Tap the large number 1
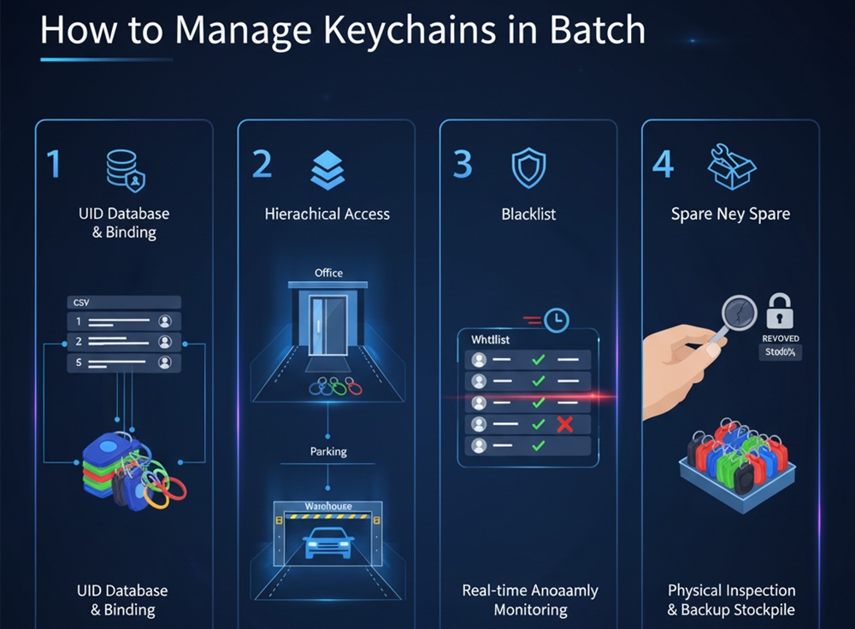pyautogui.click(x=54, y=163)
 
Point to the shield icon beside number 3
pyautogui.click(x=528, y=168)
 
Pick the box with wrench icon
pyautogui.click(x=732, y=166)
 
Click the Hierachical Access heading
pyautogui.click(x=327, y=214)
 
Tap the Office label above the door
pyautogui.click(x=328, y=273)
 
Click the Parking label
pyautogui.click(x=328, y=450)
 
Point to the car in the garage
pyautogui.click(x=328, y=540)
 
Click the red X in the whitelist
pyautogui.click(x=564, y=423)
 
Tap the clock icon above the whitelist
pyautogui.click(x=557, y=320)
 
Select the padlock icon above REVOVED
pyautogui.click(x=780, y=312)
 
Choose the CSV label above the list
pyautogui.click(x=82, y=302)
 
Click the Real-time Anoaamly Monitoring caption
pyautogui.click(x=530, y=600)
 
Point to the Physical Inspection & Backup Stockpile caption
pyautogui.click(x=731, y=600)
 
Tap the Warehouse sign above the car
pyautogui.click(x=328, y=507)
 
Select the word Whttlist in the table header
pyautogui.click(x=491, y=339)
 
